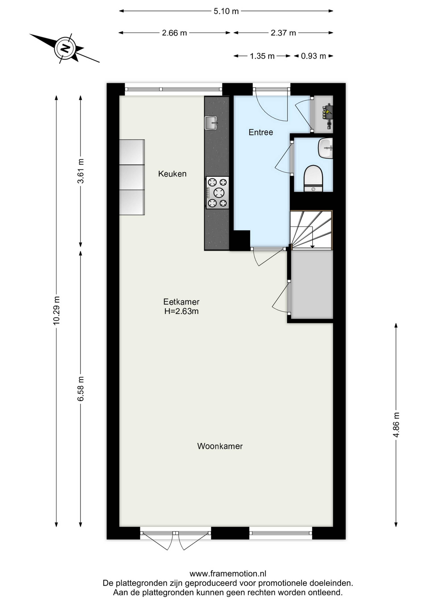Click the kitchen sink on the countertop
click(211, 123)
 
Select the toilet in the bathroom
click(313, 178)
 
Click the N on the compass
click(65, 48)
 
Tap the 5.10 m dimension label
click(226, 11)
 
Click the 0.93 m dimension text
click(313, 56)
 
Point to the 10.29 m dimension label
click(56, 310)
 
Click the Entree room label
click(261, 132)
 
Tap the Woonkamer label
click(220, 446)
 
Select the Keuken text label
click(172, 174)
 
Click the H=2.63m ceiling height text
click(181, 311)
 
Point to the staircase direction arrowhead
click(312, 246)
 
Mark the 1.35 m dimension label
click(262, 56)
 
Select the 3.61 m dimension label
click(81, 171)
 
